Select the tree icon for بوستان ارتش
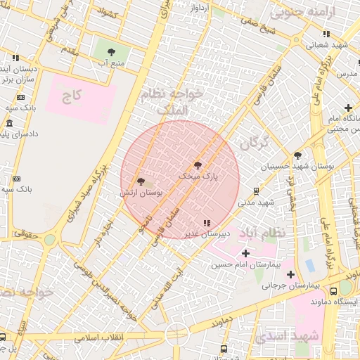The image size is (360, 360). click(141, 181)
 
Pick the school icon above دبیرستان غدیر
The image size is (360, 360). click(205, 223)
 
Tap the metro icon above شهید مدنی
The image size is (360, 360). click(256, 190)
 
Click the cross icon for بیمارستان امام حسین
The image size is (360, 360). click(245, 253)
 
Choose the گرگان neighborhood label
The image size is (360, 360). click(254, 143)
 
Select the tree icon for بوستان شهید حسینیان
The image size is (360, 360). click(298, 155)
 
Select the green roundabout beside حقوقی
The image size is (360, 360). click(49, 240)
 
